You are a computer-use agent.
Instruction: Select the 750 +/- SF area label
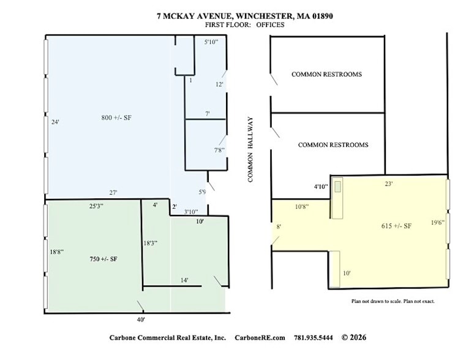(x=103, y=260)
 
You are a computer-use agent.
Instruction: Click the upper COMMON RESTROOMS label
(x=326, y=74)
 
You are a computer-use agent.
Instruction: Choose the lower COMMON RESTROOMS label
(x=333, y=145)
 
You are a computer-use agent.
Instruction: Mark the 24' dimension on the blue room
(x=55, y=122)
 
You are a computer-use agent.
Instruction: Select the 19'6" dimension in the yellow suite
(x=438, y=222)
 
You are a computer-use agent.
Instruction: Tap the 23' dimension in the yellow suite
(x=388, y=183)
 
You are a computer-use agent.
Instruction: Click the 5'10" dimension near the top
(x=211, y=42)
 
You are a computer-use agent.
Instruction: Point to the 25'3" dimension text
(x=96, y=206)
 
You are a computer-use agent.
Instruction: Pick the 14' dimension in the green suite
(x=184, y=280)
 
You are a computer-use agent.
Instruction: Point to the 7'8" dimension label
(x=219, y=149)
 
